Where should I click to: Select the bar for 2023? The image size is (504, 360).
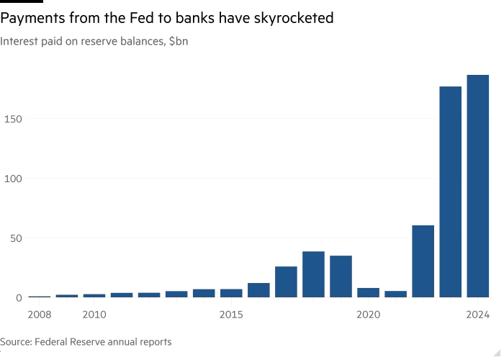pos(451,192)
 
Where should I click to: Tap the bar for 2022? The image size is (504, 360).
pos(423,261)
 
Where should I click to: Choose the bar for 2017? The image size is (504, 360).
pos(286,282)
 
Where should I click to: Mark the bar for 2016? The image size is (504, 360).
pos(258,289)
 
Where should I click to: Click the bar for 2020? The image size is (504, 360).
pos(368,292)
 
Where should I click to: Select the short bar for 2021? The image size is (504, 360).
pos(395,293)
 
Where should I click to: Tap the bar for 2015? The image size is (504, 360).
pos(231,292)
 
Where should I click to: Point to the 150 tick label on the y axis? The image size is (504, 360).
pos(13,118)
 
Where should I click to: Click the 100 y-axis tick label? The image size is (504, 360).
pos(13,178)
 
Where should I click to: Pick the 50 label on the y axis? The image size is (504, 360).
pos(16,238)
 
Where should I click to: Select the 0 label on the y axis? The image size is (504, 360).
pos(19,297)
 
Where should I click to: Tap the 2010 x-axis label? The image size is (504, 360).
pos(94,315)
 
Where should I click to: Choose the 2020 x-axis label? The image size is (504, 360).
pos(368,315)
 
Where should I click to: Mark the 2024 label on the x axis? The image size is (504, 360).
pos(478,315)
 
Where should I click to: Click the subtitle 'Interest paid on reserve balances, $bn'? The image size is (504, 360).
pos(94,42)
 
